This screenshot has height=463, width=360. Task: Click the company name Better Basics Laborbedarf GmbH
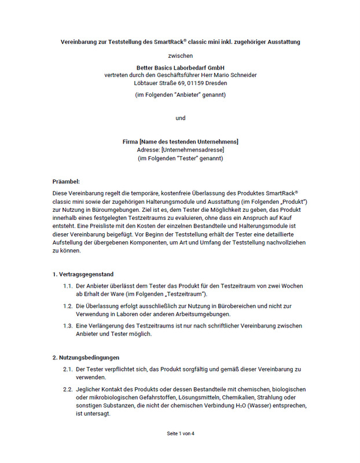point(180,67)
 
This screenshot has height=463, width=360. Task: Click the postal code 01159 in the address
point(210,83)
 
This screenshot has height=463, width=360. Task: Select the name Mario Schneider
point(234,75)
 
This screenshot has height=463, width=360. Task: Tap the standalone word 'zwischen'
point(180,56)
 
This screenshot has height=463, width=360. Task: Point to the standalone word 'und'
point(180,118)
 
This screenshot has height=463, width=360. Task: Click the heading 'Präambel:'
point(66,182)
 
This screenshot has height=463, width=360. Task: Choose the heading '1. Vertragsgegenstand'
point(83,274)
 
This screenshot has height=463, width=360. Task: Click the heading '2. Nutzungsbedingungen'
point(85,357)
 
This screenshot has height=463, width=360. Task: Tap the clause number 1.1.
point(68,286)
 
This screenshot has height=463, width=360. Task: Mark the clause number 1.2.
point(68,306)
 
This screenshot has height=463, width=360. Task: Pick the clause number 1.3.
point(68,326)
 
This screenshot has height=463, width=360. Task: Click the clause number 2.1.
point(68,369)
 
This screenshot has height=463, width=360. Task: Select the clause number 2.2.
point(68,389)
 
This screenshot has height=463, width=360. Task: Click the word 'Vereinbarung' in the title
point(80,42)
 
